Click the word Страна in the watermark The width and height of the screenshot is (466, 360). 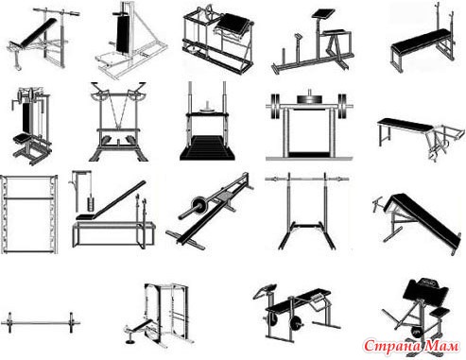point(392,346)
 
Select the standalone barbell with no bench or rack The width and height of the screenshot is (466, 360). point(41,323)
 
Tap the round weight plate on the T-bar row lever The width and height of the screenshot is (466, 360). point(198,205)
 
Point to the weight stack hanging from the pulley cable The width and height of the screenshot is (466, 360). point(91,204)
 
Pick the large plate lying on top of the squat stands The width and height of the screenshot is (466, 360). point(309,99)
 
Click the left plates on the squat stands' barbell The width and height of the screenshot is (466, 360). point(275,106)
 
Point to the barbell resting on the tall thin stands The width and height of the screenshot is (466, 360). point(306,180)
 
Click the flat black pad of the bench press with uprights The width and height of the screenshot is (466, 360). point(422,41)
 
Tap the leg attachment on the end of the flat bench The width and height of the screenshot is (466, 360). point(444,141)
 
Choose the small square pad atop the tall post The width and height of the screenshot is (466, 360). point(323,13)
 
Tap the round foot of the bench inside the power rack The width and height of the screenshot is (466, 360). point(129,341)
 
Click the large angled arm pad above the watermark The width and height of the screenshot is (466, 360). point(425,289)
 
